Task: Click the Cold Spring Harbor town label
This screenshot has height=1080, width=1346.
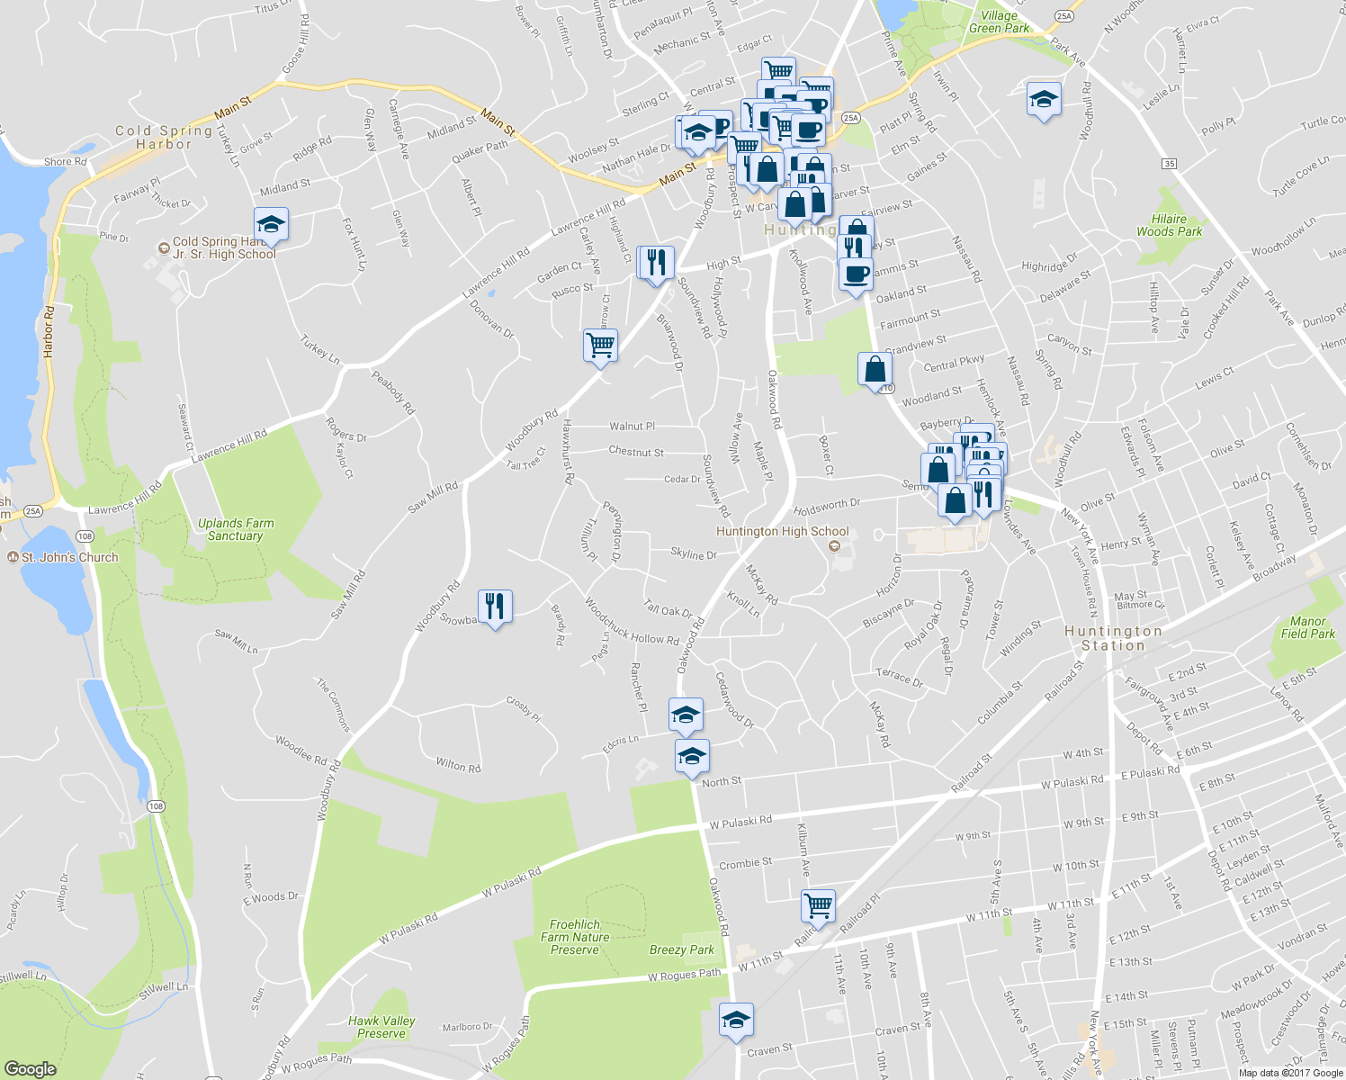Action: pos(164,137)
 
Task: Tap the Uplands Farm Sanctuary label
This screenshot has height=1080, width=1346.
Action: pos(236,529)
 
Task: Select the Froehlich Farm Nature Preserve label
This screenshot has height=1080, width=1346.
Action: pos(575,937)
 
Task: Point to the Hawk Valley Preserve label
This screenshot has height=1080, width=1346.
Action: pos(381,1027)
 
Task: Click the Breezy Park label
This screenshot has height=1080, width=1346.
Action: pos(682,949)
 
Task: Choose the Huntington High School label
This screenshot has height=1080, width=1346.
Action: pos(783,532)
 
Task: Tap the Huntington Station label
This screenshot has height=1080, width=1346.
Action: pos(1114,638)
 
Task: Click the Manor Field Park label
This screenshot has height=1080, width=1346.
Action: pos(1307,627)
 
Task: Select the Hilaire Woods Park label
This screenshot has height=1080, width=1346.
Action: pos(1169,225)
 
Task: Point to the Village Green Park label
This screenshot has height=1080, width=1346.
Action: pos(999,22)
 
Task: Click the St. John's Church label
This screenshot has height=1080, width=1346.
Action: pos(70,557)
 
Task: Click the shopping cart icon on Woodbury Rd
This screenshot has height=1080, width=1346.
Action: pos(600,345)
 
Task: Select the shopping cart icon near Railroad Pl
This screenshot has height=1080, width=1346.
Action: pos(818,905)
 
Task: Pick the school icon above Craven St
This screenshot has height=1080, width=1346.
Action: pos(736,1020)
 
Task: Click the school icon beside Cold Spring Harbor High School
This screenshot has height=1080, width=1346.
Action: pos(270,223)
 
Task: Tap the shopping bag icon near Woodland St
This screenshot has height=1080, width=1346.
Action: pos(875,369)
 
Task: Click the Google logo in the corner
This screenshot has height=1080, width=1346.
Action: pos(30,1068)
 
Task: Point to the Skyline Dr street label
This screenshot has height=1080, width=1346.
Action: pos(694,553)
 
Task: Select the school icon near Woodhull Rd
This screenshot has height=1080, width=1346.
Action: pos(1044,99)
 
